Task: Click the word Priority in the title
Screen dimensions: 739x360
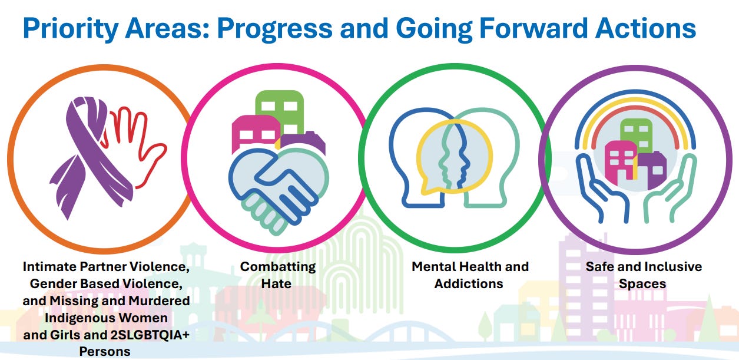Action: click(70, 29)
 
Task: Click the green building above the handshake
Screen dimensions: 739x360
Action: click(280, 112)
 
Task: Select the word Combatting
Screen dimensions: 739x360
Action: click(278, 267)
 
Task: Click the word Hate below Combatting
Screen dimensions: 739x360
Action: click(276, 284)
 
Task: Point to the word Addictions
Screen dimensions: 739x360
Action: click(469, 284)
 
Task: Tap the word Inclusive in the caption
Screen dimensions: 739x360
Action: click(672, 267)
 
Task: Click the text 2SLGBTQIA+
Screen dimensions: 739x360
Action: click(150, 335)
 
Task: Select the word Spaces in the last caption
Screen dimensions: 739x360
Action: click(642, 284)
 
